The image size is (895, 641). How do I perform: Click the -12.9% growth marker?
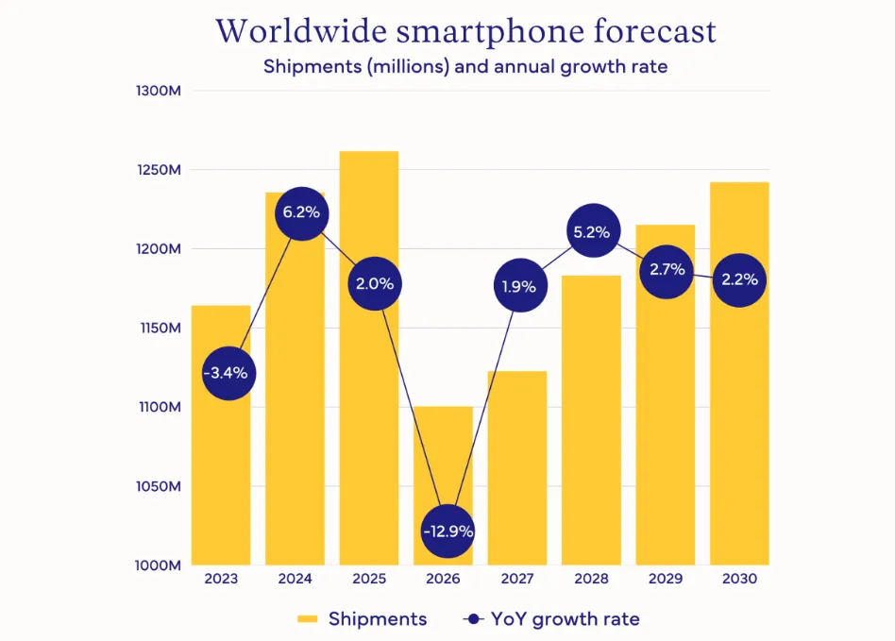tap(447, 531)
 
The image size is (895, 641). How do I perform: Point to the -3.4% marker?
tap(227, 373)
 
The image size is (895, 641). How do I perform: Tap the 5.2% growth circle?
tap(591, 231)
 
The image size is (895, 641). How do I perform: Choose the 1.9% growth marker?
tap(518, 286)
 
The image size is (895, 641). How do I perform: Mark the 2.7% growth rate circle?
tap(667, 270)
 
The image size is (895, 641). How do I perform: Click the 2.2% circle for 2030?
tap(738, 279)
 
